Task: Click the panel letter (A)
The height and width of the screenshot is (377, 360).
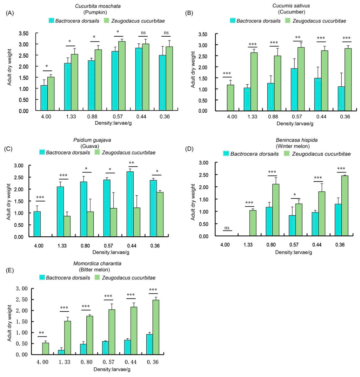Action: [10, 13]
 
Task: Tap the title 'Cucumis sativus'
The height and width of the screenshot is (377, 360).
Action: [291, 5]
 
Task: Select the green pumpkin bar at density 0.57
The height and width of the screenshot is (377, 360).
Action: [122, 76]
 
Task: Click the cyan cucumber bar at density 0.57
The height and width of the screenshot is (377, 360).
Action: [294, 90]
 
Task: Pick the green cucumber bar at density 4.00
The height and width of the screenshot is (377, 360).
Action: [230, 98]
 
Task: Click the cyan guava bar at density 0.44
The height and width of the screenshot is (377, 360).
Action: [130, 204]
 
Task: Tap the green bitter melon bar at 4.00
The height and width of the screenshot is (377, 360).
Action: [46, 349]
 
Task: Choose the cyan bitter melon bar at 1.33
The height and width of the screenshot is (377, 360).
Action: [61, 352]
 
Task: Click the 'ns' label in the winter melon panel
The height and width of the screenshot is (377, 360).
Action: [227, 228]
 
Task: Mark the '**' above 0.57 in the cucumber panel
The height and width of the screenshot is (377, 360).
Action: [298, 38]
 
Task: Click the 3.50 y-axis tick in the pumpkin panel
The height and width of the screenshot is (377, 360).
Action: [24, 33]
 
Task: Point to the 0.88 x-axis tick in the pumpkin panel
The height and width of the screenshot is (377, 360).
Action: [92, 117]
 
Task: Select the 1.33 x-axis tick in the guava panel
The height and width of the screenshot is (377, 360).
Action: [62, 246]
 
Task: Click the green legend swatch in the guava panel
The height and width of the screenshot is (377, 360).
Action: [97, 152]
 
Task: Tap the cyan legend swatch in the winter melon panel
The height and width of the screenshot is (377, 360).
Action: [226, 153]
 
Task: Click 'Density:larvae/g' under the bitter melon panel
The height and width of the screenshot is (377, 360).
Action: [112, 369]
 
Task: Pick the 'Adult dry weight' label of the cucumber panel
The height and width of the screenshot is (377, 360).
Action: [193, 70]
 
